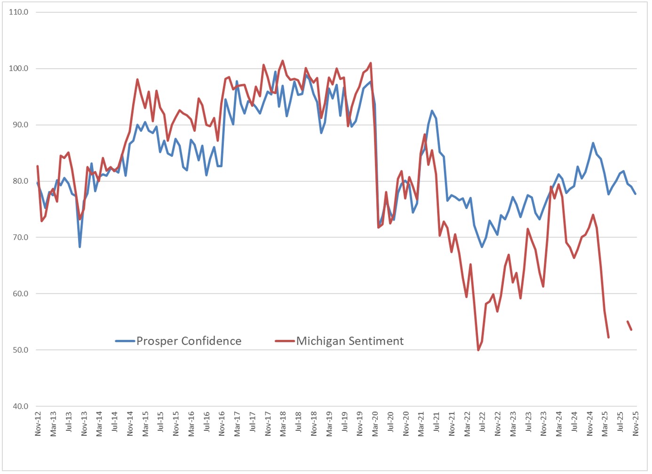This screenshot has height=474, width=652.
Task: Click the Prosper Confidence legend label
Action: [189, 341]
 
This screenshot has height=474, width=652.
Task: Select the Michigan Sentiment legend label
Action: [350, 341]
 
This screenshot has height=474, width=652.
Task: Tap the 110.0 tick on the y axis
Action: [19, 12]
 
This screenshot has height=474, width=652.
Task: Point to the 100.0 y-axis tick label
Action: [19, 69]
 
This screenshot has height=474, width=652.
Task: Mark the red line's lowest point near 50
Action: [478, 350]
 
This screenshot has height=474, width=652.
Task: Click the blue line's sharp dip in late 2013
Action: [80, 247]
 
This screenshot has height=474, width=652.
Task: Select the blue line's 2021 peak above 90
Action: [432, 111]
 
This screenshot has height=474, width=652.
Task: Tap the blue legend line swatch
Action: [125, 341]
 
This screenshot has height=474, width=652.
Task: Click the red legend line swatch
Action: [285, 341]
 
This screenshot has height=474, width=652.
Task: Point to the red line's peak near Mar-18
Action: [283, 61]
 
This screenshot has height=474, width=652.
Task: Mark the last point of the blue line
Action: [636, 194]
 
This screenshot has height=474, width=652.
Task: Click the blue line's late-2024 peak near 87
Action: [593, 143]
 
